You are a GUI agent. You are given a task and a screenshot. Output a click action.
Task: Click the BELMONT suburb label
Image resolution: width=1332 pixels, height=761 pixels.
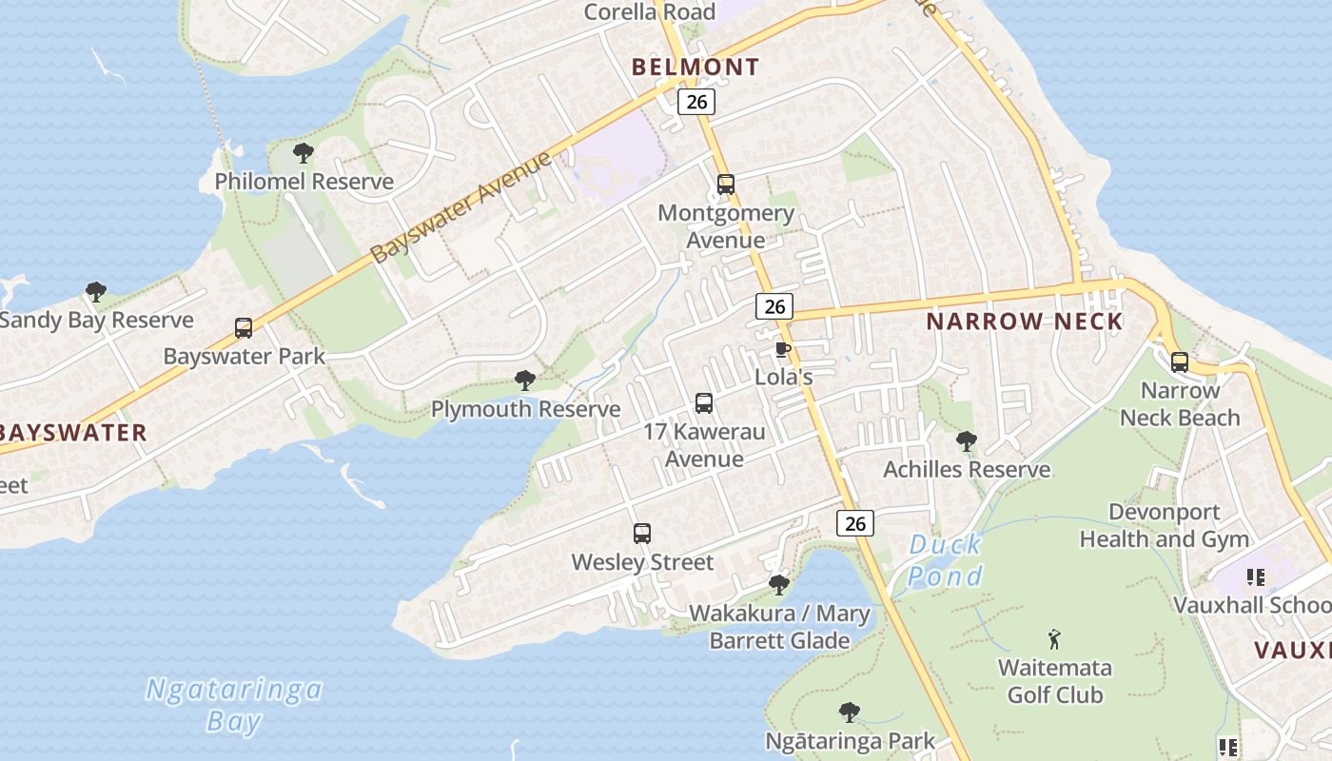coord(695,67)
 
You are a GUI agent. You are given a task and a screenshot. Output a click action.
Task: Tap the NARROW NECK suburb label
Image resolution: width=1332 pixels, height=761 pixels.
coord(1025,322)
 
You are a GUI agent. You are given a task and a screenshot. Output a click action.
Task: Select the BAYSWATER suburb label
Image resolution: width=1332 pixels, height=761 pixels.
coord(72,433)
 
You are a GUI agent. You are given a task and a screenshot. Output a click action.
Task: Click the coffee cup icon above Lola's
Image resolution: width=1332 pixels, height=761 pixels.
coord(782,350)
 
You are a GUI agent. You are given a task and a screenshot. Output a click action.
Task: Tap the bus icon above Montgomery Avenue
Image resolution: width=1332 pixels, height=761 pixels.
coord(726,184)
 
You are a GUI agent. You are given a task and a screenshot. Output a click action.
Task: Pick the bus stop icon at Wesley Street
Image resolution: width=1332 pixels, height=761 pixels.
coord(642,534)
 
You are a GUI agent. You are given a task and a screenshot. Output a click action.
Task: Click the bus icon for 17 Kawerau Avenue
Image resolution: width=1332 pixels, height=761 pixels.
coord(704,403)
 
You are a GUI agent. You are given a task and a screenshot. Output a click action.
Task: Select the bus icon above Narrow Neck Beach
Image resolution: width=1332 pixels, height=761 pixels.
coord(1180,361)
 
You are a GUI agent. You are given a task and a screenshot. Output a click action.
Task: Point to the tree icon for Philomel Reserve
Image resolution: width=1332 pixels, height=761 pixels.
coord(304,152)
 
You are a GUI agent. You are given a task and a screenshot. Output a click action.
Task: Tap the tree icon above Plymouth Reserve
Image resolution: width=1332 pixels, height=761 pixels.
coord(524,380)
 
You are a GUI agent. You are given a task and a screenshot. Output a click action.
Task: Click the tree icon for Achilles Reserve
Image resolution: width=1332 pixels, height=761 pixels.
coord(967,440)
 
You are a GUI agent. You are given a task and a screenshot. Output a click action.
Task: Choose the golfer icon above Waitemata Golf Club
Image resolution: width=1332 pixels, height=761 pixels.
coord(1054,638)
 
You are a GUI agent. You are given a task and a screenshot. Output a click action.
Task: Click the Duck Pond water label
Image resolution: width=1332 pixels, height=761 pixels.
coord(944,560)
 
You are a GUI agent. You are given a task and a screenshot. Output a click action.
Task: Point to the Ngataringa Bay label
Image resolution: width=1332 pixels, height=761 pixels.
coord(234,705)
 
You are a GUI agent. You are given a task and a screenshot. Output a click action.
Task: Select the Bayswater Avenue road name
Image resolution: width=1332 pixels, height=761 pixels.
coord(460,206)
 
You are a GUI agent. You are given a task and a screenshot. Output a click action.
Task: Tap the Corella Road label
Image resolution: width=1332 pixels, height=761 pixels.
coord(649,12)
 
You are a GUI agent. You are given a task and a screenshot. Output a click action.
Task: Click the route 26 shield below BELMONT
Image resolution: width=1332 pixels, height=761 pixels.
coord(696,101)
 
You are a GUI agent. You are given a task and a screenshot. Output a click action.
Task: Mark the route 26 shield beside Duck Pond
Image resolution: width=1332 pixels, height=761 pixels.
coord(855,522)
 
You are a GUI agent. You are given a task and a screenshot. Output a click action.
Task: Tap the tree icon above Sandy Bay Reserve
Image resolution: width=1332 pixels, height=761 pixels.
coord(95,291)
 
